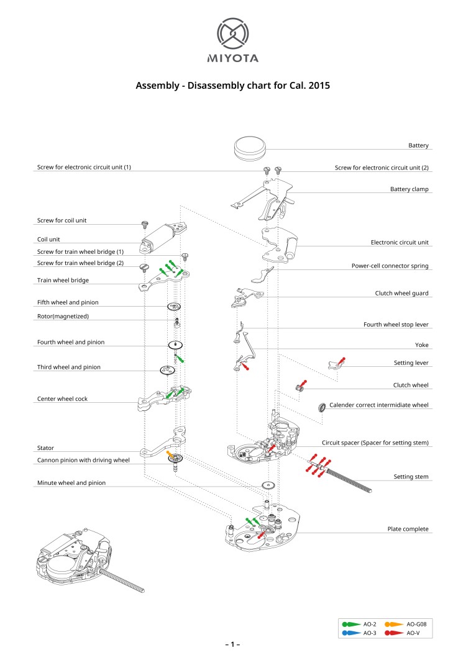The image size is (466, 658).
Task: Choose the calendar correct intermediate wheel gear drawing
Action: point(322,408)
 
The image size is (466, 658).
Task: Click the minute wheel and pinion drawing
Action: point(268,486)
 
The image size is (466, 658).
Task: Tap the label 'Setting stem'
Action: point(411,477)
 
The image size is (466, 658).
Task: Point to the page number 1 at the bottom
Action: point(232,645)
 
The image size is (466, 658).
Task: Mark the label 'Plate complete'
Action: point(408,529)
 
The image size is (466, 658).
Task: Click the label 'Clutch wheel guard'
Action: point(401,293)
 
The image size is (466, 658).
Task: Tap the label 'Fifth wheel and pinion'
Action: point(68,302)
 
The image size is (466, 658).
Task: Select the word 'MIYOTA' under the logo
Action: point(232,59)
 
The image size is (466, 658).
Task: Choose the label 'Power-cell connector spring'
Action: point(390,266)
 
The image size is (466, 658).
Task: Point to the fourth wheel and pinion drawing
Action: point(176,345)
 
